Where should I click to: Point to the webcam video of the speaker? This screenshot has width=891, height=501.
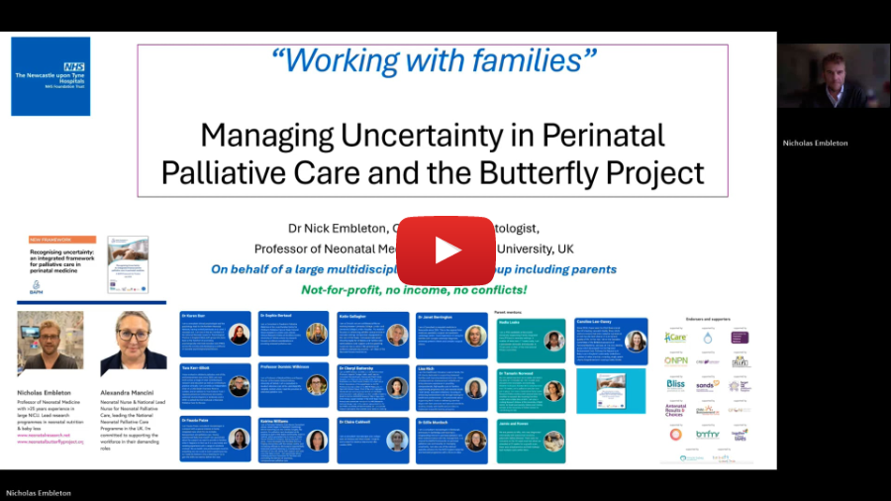pos(833,75)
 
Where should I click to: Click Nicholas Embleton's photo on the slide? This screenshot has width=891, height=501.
pos(50,343)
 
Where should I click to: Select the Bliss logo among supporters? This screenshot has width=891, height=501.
pos(675,384)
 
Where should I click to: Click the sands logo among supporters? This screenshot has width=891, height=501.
pos(707,385)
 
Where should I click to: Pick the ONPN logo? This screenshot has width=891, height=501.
pos(675,360)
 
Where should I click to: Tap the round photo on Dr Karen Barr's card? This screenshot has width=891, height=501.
pos(239,335)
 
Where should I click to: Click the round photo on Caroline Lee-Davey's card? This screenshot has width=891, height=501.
pos(635,341)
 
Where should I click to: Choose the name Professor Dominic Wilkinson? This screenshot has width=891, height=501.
pos(287,367)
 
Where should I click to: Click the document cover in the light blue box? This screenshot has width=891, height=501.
pos(610,390)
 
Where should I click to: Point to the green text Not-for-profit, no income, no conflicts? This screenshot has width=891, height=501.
pos(414,290)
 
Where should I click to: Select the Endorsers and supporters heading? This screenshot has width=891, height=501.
pos(708,319)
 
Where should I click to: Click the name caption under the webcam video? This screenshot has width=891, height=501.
pos(815,143)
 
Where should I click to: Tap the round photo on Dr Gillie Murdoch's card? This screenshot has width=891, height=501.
pos(475,440)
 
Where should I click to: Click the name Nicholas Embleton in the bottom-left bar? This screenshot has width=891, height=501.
pos(39,492)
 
